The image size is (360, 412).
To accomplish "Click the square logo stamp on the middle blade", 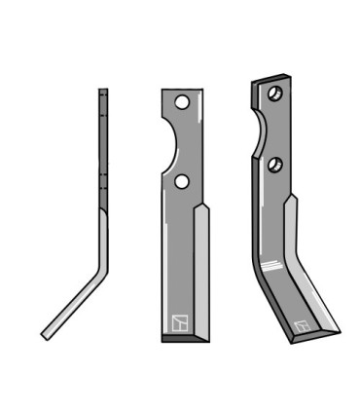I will [178, 321].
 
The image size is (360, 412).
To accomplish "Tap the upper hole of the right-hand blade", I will [273, 94].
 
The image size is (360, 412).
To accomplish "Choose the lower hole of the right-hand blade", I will [276, 164].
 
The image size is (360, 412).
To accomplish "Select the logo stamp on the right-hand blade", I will [302, 325].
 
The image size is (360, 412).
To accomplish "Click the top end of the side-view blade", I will [102, 93].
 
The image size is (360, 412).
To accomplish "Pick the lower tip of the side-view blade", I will [45, 335].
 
